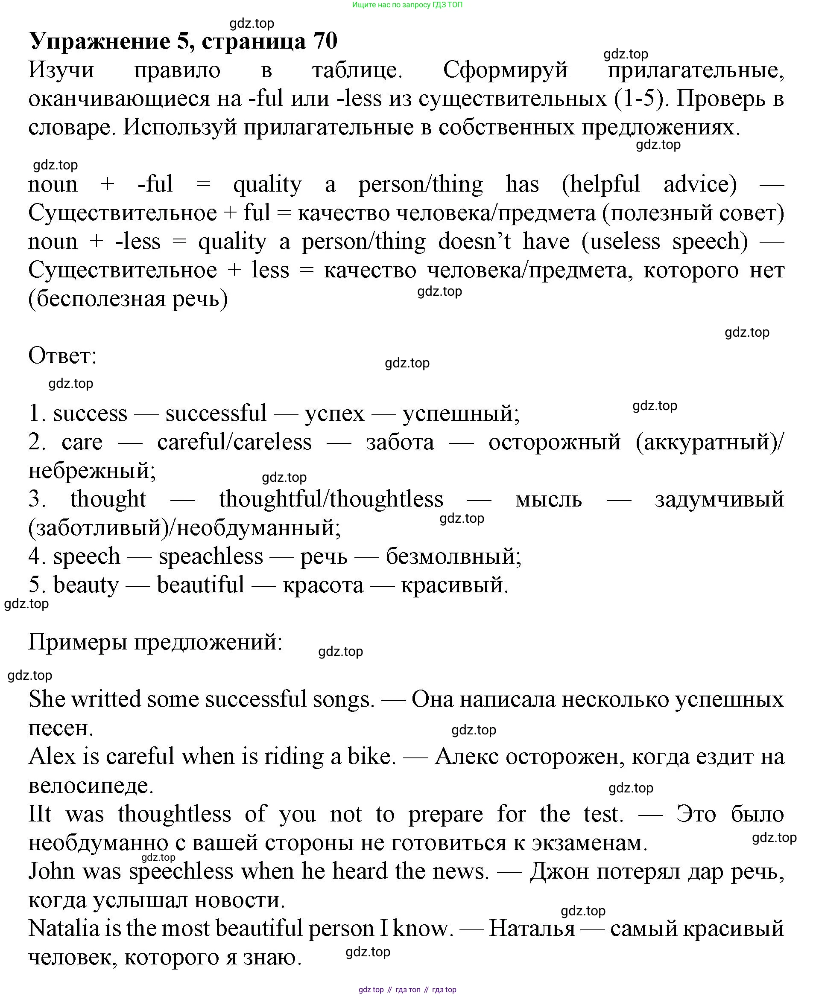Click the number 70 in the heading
coord(325,41)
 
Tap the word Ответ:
coord(62,355)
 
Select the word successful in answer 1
coord(216,414)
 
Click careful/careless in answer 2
coord(234,442)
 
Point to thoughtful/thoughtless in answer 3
coord(331,499)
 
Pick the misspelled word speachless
coord(211,556)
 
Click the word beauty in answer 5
coord(86,585)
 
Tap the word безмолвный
coord(453,556)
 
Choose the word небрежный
coord(92,471)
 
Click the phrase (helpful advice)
coord(649,184)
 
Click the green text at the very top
coord(407,5)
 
